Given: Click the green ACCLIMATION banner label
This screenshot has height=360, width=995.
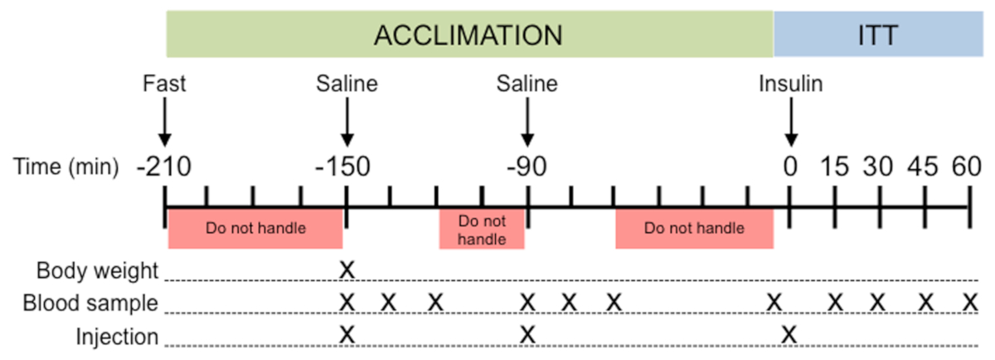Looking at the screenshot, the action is coord(468,34).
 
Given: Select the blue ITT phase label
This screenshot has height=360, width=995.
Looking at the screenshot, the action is coord(878,34).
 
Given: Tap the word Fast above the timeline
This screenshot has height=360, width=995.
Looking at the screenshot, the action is coord(164,85).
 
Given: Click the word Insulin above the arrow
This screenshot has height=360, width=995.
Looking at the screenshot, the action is coord(791,85).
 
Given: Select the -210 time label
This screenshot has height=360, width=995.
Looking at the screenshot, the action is coord(165,168).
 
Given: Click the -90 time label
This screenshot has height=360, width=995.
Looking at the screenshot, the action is coord(526,168).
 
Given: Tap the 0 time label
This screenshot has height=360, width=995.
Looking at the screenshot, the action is coord(790,168).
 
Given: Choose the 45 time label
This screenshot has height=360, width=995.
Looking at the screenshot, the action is coord(923,168).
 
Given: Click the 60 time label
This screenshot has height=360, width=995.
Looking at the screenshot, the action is coord(966,168).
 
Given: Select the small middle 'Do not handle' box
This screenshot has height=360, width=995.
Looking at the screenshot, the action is coord(482,231).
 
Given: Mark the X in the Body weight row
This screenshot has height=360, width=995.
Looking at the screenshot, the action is coord(347,270).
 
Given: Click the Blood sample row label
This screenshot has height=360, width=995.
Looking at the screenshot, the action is coord(91,304).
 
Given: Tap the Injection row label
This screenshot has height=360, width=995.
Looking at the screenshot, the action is coord(117,337).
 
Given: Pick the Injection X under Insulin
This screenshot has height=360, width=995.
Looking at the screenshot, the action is coord(790,334).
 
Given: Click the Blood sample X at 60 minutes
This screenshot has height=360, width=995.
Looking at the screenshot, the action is coord(968,302).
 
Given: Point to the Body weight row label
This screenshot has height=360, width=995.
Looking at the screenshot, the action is coord(97,270).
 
